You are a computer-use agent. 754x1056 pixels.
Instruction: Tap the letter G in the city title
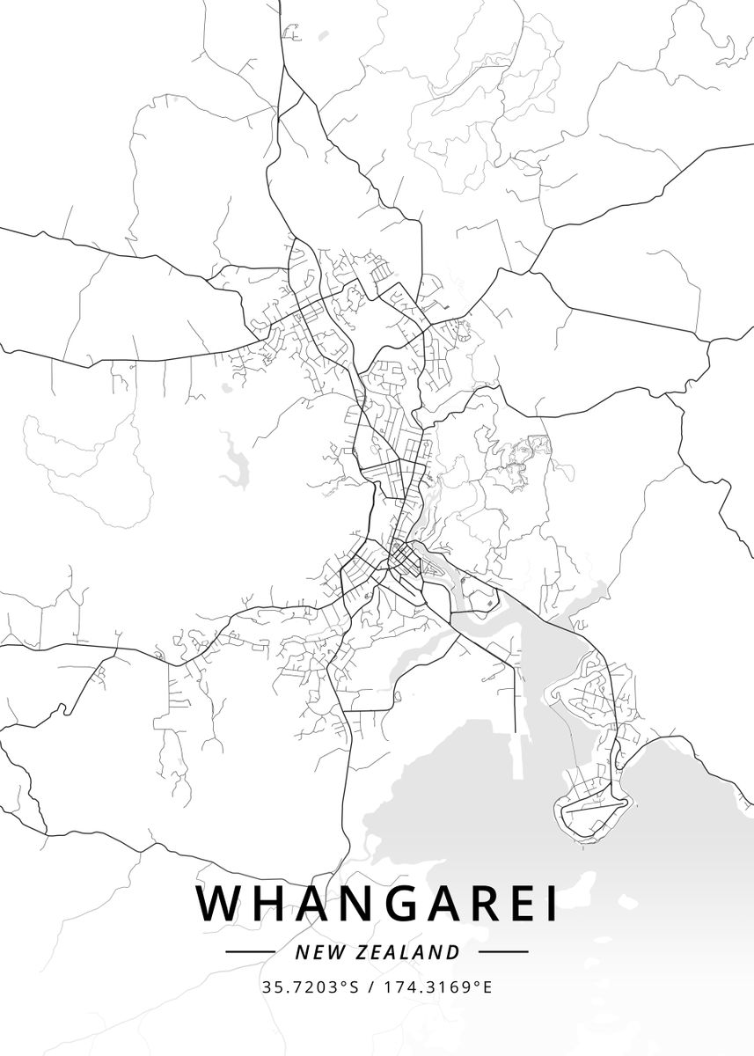[x=387, y=904]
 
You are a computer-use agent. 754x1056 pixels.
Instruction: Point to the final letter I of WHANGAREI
[x=550, y=904]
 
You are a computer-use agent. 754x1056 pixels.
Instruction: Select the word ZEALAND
[x=408, y=952]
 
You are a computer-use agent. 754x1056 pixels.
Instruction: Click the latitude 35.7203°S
[x=311, y=987]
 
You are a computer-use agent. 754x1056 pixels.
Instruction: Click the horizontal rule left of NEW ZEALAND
[x=251, y=951]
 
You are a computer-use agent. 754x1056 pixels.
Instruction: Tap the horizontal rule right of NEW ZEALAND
[x=503, y=951]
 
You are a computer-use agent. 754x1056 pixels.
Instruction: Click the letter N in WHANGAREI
[x=349, y=904]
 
